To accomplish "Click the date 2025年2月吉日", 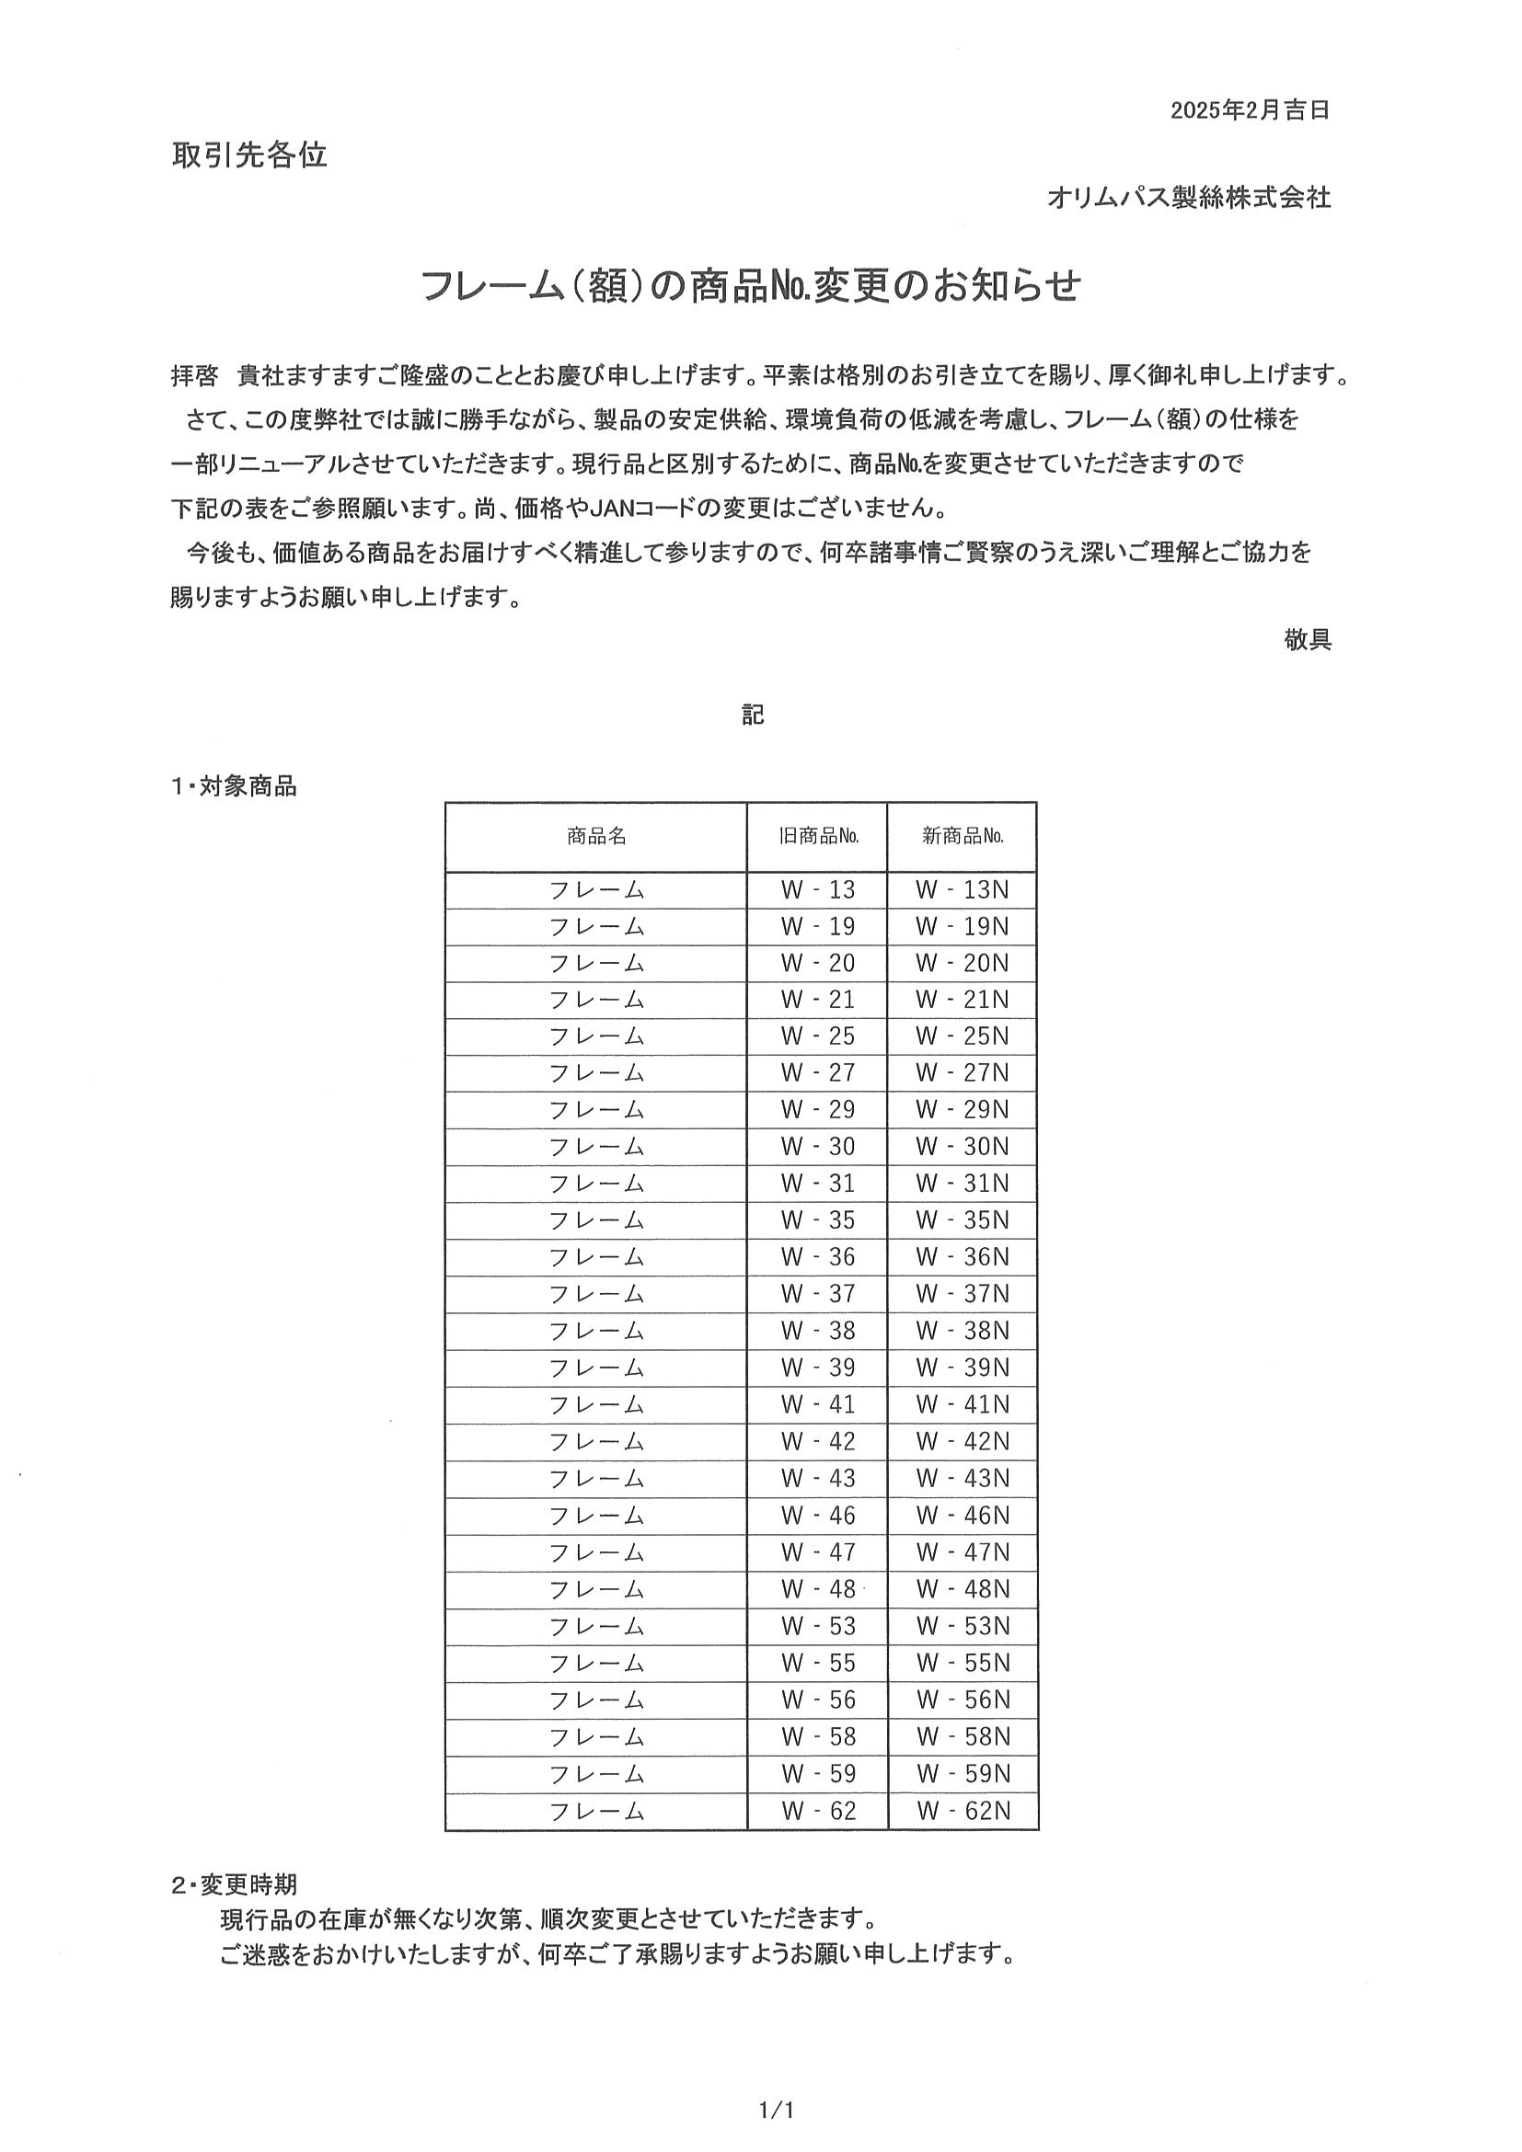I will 1249,110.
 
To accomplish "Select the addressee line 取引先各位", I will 248,155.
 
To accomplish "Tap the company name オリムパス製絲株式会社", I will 1188,198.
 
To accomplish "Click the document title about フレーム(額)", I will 750,286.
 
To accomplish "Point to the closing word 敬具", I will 1308,640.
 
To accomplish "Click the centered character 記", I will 753,715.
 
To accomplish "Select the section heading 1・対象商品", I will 234,786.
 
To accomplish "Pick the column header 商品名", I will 596,836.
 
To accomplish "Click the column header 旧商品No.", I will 818,836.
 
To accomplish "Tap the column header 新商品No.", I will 963,836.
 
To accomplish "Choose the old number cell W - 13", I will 818,889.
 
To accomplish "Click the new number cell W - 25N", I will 963,1036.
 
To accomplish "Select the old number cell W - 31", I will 818,1183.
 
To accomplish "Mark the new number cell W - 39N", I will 963,1368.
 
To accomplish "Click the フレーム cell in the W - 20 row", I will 596,963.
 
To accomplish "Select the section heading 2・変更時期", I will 234,1884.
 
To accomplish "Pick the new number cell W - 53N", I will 963,1625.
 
